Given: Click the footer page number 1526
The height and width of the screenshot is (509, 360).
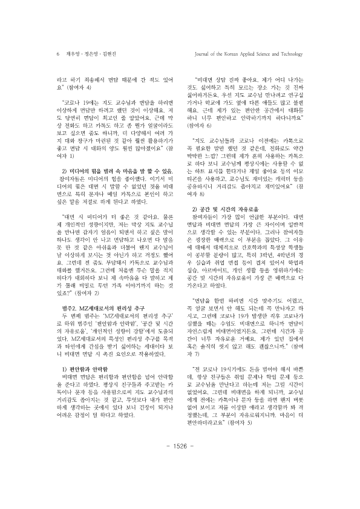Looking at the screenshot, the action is pos(180,480).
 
